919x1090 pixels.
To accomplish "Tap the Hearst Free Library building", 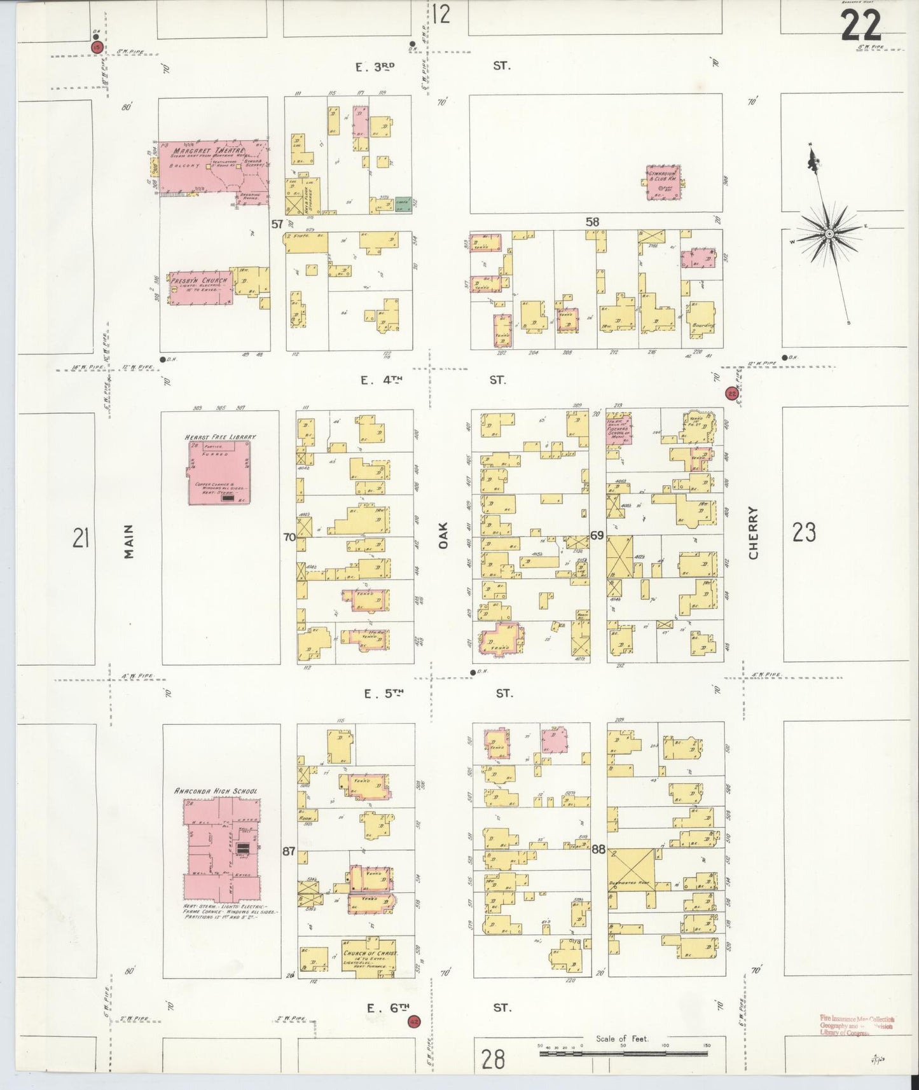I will [x=218, y=473].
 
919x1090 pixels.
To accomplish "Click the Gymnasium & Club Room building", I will [x=663, y=183].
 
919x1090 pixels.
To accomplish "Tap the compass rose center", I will [x=829, y=234].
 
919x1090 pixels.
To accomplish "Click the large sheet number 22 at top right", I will [x=861, y=26].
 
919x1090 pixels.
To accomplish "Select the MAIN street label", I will [x=129, y=541].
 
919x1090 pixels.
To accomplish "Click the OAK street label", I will [x=443, y=535].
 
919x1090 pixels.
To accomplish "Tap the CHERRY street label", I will [x=753, y=533].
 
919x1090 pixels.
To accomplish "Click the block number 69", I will [x=597, y=535].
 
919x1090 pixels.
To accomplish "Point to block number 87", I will [x=289, y=851].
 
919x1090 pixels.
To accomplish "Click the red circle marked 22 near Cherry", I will [x=731, y=394].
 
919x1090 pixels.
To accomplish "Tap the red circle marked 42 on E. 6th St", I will [x=414, y=1021].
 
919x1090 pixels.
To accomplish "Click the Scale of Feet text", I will [x=621, y=1038].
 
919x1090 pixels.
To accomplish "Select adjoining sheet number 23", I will [x=804, y=532].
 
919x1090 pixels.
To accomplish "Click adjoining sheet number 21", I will [x=80, y=539].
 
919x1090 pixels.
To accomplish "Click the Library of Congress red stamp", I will [x=856, y=1025].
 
